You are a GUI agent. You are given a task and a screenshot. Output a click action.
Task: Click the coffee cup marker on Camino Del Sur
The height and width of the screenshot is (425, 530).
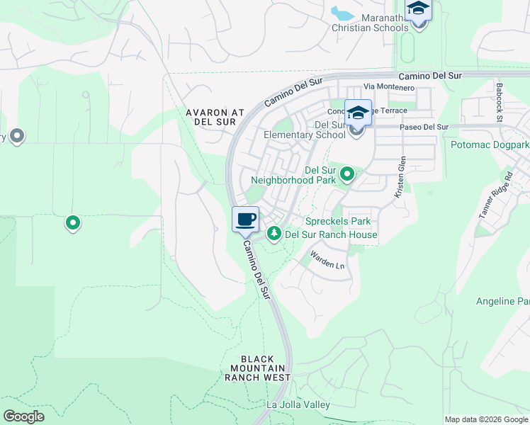(x=245, y=220)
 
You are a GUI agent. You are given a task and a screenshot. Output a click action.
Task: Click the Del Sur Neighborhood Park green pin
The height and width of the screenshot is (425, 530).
(x=347, y=174)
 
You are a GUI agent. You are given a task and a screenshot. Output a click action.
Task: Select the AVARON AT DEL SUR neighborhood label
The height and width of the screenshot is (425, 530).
(x=214, y=117)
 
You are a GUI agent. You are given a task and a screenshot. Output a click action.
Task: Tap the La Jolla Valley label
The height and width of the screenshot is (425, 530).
(x=298, y=404)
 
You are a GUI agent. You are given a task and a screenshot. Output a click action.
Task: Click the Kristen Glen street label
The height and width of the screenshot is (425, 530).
(x=400, y=177)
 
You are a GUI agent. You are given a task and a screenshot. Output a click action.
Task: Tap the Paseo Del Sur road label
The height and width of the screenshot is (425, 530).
(x=424, y=127)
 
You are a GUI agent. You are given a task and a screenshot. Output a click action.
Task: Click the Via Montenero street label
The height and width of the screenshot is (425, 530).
(x=388, y=86)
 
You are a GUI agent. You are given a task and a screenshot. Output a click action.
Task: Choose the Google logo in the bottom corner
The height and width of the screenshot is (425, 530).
(x=23, y=416)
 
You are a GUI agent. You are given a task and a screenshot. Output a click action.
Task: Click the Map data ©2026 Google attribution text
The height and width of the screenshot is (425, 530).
(x=485, y=419)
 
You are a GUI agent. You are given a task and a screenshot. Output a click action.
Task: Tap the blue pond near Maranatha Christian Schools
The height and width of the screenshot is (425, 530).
(x=343, y=13)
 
